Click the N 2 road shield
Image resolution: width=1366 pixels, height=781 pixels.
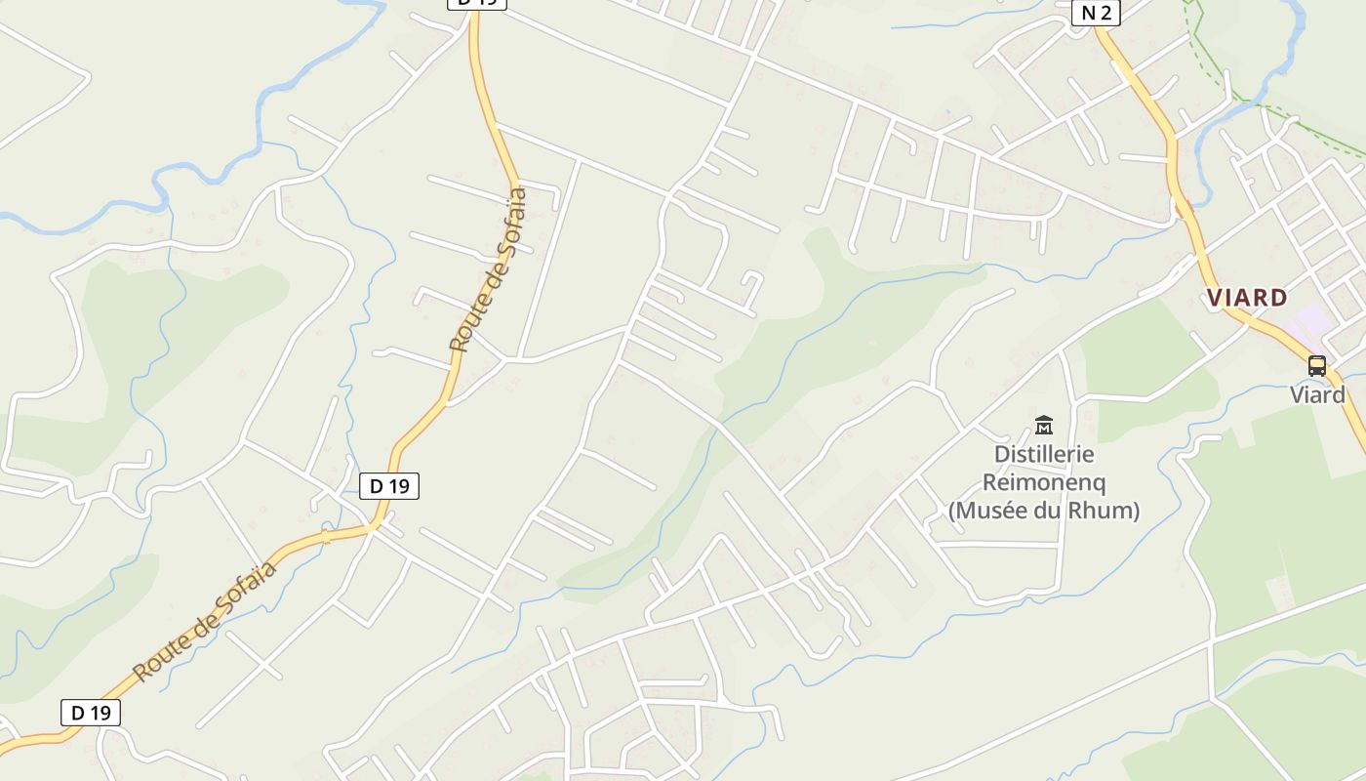(1096, 13)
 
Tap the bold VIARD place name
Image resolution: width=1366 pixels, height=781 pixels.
(1247, 298)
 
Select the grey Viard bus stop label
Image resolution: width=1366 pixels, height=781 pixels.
(1317, 394)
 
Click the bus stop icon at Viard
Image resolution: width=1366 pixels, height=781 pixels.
(1317, 366)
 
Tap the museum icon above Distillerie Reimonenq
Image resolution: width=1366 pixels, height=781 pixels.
(1044, 425)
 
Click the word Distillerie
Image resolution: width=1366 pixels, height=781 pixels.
(1044, 455)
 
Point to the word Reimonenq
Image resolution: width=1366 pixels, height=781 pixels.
(1044, 482)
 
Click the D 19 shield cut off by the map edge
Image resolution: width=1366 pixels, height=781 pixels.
(477, 3)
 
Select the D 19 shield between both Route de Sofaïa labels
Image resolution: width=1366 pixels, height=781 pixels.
(389, 485)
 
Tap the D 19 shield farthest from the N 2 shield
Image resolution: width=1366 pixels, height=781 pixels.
(91, 713)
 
